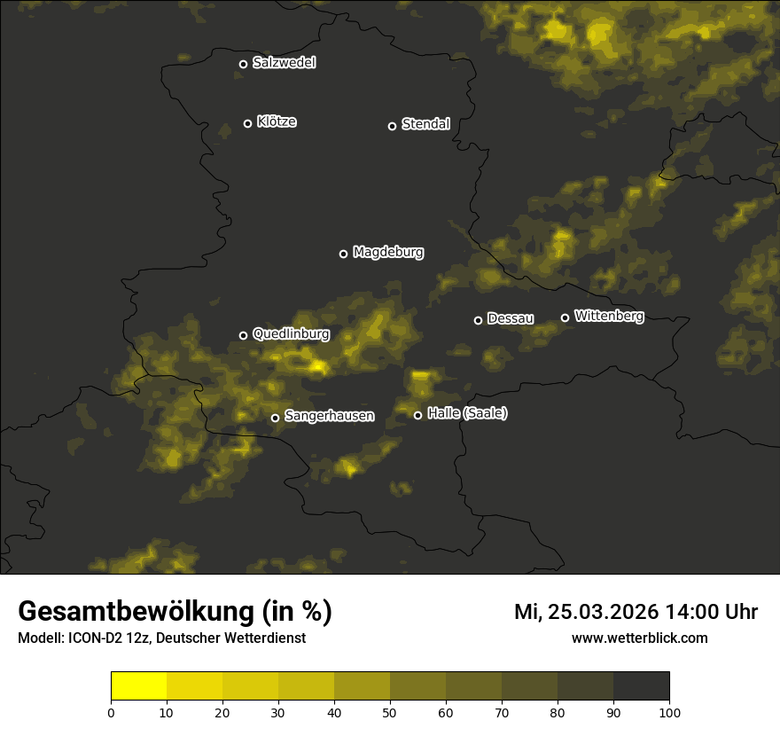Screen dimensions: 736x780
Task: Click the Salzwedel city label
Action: pos(284,63)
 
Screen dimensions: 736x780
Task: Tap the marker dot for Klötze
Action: pos(248,123)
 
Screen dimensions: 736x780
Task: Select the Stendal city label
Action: pos(425,124)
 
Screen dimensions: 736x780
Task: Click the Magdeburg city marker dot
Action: pos(344,254)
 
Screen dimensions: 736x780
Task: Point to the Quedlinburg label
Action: pos(291,334)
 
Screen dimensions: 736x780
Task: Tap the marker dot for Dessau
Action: pos(479,320)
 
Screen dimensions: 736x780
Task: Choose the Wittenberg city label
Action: pos(609,316)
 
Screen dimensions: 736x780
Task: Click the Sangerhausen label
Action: pos(329,416)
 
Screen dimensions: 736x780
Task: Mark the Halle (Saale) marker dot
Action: pos(418,415)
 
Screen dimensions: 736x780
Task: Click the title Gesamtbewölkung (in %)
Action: pos(175,612)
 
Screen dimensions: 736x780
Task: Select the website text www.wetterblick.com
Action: pos(640,638)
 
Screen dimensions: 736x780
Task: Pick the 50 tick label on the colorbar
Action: pos(390,713)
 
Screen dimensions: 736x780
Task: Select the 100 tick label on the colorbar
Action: pos(669,713)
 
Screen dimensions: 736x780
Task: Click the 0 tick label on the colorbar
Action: pos(111,713)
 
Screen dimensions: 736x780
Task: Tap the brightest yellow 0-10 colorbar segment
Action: pos(139,686)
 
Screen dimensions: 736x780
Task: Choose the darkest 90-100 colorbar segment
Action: pos(641,686)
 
